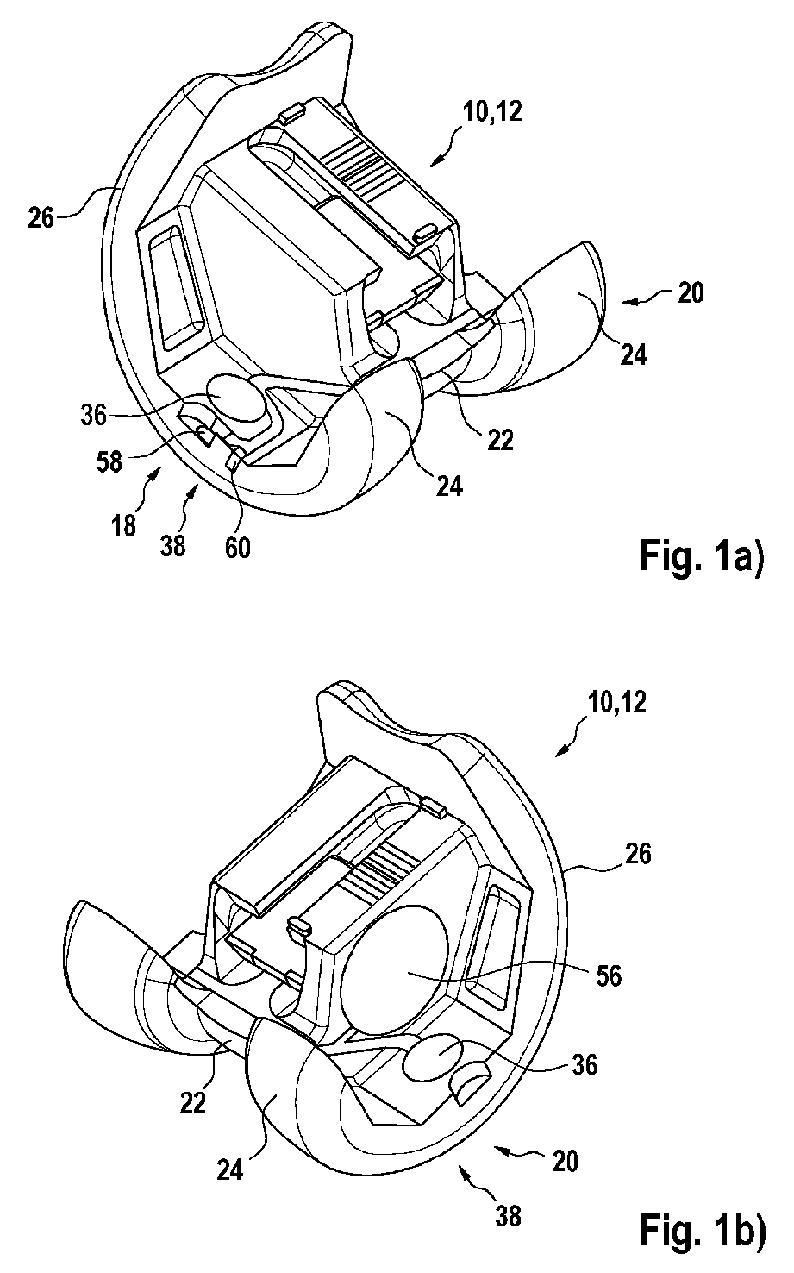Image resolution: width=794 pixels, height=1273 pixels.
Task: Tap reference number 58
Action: [109, 461]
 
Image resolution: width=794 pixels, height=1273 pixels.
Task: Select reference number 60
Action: [237, 548]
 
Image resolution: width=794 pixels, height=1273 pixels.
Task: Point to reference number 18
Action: [124, 526]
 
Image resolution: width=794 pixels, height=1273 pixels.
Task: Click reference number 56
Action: [609, 976]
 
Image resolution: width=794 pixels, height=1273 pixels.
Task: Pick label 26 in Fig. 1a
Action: [41, 218]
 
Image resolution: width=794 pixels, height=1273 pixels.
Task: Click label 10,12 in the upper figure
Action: [492, 112]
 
